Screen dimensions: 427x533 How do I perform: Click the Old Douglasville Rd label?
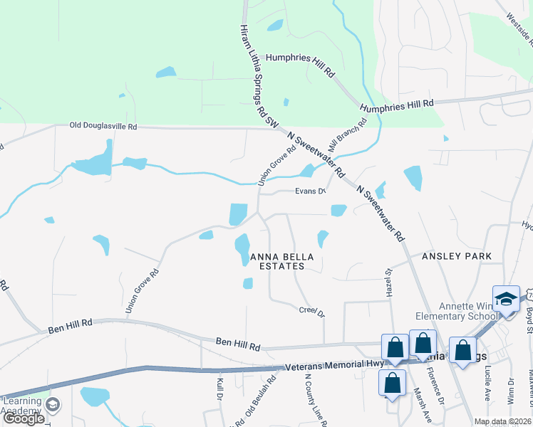click(x=103, y=126)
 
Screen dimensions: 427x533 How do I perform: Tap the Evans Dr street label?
click(x=311, y=191)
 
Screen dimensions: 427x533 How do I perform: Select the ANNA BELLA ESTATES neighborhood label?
click(x=276, y=261)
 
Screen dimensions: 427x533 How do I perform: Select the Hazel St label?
click(x=390, y=283)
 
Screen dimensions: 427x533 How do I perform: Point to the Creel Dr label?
click(x=311, y=311)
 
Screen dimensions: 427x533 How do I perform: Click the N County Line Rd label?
click(x=315, y=401)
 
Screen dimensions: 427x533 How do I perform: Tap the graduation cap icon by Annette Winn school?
click(x=506, y=298)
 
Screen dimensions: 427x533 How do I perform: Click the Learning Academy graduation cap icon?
click(x=51, y=406)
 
